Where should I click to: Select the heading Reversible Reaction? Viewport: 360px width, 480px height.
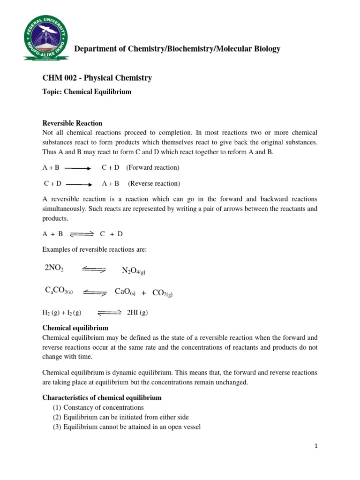(x=72, y=123)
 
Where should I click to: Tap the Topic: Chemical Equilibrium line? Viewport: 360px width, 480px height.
(x=87, y=92)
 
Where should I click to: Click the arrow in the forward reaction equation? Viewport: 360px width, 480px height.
(x=78, y=168)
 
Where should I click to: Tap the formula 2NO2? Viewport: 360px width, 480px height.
(x=54, y=268)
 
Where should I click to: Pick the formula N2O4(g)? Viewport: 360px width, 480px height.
(x=136, y=271)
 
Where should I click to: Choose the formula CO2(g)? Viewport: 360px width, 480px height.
(x=163, y=293)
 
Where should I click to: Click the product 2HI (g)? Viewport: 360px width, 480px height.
(x=137, y=313)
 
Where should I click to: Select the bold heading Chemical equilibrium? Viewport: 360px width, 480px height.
(x=75, y=328)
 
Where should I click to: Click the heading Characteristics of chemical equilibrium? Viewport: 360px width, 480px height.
(x=102, y=397)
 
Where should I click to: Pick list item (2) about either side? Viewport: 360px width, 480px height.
(x=114, y=417)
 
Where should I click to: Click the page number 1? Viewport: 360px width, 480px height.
(x=316, y=446)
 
